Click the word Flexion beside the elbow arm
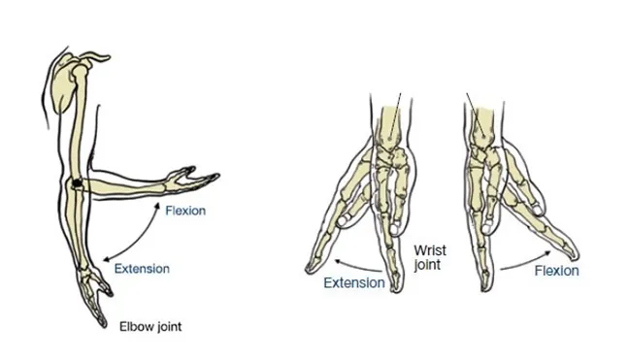[184, 210]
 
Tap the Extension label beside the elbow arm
[142, 268]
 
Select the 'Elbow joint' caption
[149, 327]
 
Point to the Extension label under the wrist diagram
[353, 282]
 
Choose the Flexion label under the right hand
[556, 271]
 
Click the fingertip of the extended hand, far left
[309, 264]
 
